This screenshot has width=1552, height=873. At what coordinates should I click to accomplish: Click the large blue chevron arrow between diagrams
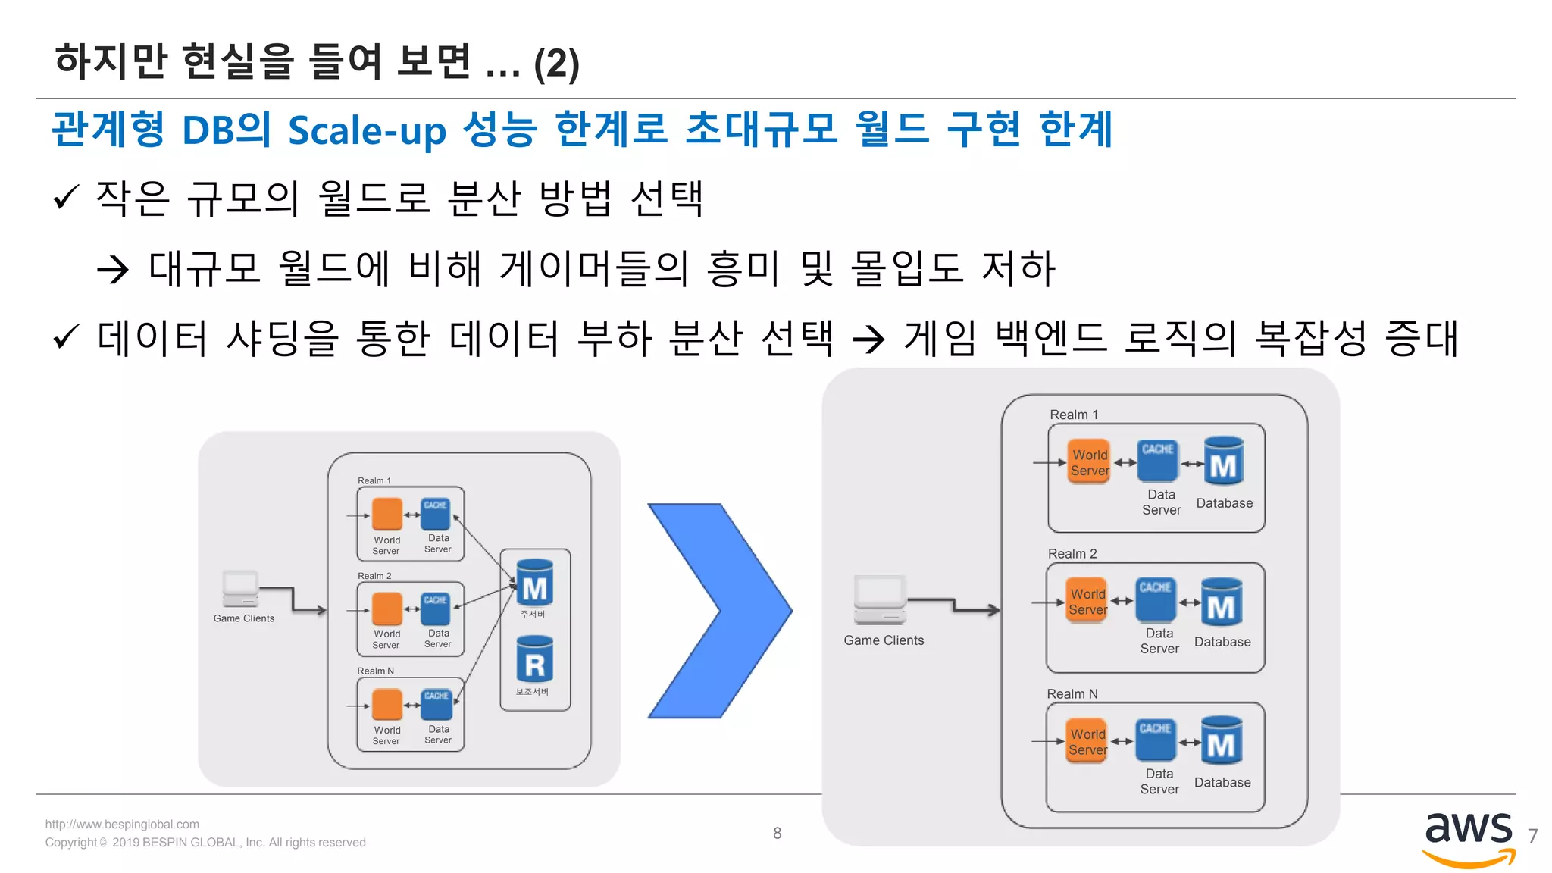tap(720, 611)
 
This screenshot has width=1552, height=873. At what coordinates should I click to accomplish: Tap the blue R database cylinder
tap(534, 659)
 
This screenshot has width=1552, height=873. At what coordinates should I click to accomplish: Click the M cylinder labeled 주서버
tap(534, 583)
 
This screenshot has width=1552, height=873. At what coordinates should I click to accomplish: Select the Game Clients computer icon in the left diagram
tap(240, 590)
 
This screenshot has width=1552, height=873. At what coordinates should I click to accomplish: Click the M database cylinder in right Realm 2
tap(1221, 603)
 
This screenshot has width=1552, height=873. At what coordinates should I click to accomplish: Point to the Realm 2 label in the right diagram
tap(1072, 554)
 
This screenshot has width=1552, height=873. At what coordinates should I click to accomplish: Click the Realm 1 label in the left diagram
tap(374, 480)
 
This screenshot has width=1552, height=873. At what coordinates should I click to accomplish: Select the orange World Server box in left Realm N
tap(387, 705)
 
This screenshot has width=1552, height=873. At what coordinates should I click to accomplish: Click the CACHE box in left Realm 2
tap(435, 609)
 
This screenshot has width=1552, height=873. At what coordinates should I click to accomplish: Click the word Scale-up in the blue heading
tap(367, 130)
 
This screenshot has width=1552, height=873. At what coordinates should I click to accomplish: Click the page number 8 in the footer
tap(777, 833)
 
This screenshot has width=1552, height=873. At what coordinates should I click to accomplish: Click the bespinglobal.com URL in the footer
tap(122, 824)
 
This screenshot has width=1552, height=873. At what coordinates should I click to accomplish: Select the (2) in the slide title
tap(556, 64)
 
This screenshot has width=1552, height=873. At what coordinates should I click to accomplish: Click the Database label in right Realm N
tap(1222, 782)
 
